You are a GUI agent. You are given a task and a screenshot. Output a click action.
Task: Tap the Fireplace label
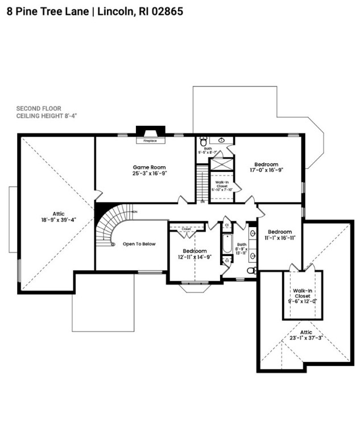(x=150, y=140)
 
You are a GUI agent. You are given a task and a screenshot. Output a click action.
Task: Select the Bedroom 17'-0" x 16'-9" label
(x=266, y=166)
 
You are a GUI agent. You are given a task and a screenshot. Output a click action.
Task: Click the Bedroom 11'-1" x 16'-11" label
(x=280, y=235)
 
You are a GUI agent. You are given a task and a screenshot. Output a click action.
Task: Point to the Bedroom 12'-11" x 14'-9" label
(x=195, y=254)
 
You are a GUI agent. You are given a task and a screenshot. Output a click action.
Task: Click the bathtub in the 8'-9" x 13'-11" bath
(x=227, y=244)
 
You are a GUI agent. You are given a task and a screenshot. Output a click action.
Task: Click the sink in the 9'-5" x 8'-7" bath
(x=221, y=140)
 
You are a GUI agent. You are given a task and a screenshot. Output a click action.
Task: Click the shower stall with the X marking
(x=221, y=164)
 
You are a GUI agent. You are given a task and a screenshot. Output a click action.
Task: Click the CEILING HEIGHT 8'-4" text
(x=46, y=116)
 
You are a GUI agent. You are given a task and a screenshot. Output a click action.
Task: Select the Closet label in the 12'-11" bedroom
(x=186, y=229)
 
